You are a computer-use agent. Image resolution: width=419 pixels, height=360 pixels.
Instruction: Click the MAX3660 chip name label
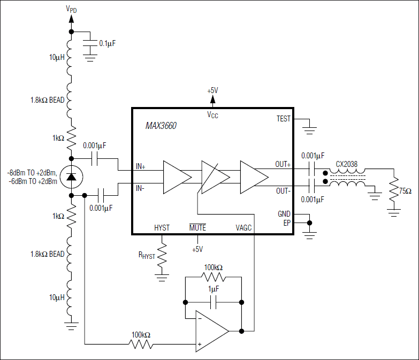click(x=161, y=126)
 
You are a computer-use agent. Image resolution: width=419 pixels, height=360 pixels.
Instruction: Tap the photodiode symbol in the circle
click(x=71, y=177)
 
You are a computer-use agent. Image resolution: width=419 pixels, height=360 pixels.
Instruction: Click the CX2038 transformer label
click(x=347, y=164)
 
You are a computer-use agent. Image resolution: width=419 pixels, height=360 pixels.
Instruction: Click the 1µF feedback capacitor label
click(x=213, y=289)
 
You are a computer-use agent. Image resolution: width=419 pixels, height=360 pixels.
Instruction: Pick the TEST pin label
click(x=283, y=119)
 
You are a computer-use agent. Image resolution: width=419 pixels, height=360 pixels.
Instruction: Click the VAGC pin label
click(x=244, y=227)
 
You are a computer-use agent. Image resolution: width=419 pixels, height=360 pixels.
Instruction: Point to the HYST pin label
click(x=162, y=227)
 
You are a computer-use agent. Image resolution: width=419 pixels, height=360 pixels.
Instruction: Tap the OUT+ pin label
click(x=283, y=164)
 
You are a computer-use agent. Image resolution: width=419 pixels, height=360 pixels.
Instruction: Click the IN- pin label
click(x=141, y=188)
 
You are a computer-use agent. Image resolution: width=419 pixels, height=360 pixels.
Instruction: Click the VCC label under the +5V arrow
click(x=212, y=113)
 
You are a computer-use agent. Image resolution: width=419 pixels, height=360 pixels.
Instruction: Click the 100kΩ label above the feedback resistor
click(x=214, y=266)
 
